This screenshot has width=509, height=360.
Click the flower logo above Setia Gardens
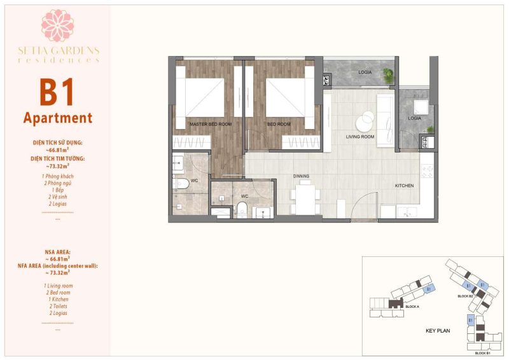(58, 25)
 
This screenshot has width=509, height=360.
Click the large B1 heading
(57, 92)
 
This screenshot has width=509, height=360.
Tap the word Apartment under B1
(58, 118)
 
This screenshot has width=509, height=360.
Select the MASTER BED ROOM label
(210, 124)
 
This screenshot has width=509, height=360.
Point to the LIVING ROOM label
(361, 137)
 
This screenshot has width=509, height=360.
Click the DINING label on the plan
(301, 176)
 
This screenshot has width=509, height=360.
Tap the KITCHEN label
(404, 186)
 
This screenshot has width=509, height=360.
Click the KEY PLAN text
(438, 331)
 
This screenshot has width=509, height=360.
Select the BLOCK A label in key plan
(412, 307)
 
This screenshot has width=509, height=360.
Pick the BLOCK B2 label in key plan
(466, 296)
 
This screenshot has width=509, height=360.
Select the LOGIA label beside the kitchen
(414, 118)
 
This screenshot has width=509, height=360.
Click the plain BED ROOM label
(279, 124)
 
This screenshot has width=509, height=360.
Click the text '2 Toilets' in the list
(58, 306)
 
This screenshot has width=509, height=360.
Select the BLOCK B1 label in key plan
(482, 353)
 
